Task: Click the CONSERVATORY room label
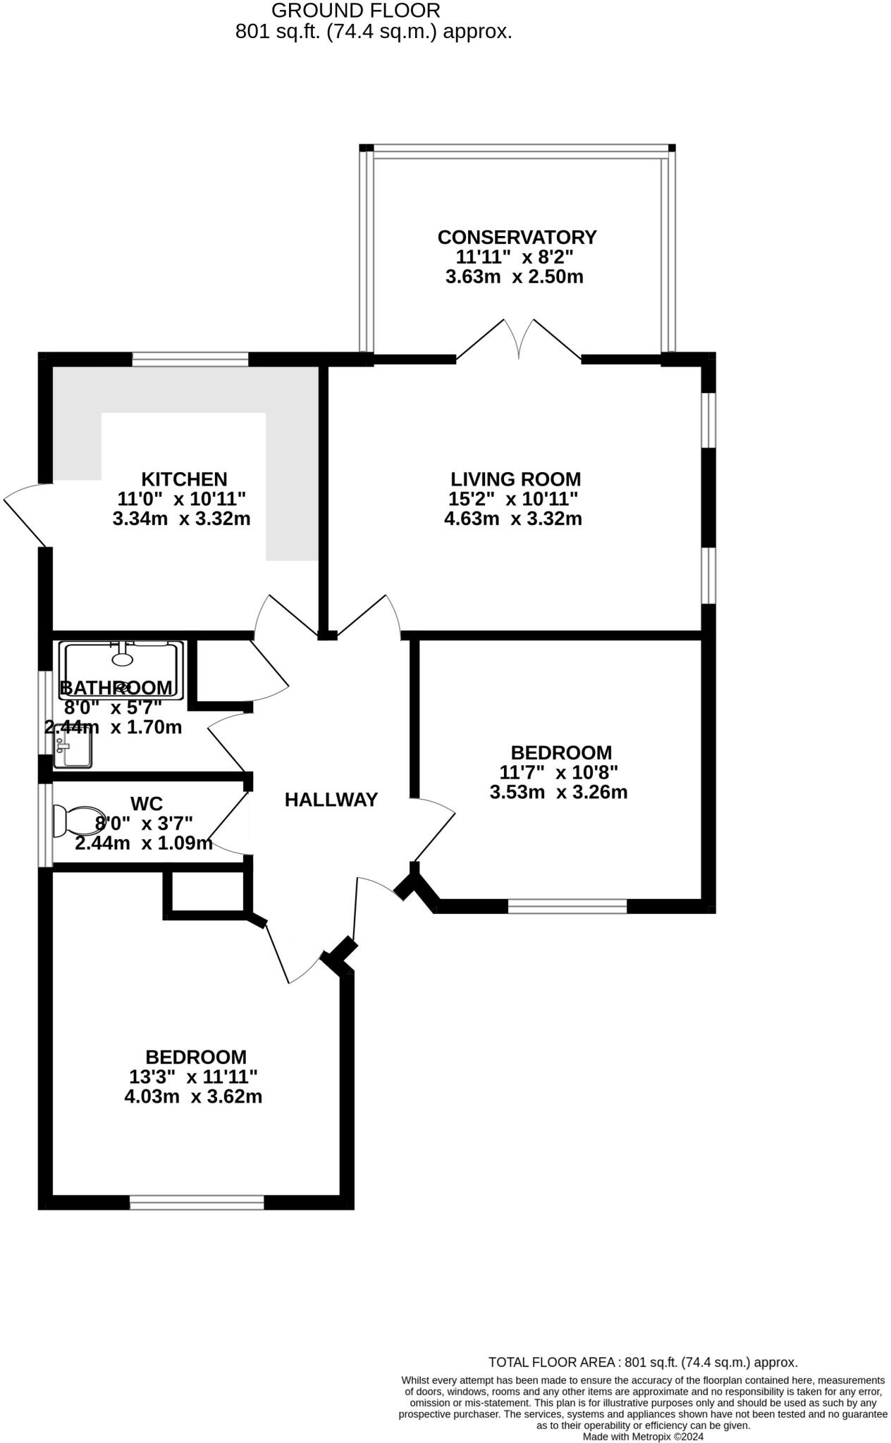tap(517, 237)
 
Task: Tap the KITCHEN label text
tap(184, 479)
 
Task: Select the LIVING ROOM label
tap(515, 479)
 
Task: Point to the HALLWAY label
tap(331, 800)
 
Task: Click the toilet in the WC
tap(80, 822)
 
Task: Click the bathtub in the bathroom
tap(122, 669)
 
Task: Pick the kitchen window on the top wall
tap(190, 360)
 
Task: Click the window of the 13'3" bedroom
tap(197, 1202)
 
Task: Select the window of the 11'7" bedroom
tap(567, 906)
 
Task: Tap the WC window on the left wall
tap(46, 825)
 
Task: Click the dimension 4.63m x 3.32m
tap(512, 519)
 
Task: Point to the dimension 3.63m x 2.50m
tap(514, 277)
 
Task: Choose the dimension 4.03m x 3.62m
tap(193, 1097)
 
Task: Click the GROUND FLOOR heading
tap(356, 11)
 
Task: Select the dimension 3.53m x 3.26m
tap(558, 792)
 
